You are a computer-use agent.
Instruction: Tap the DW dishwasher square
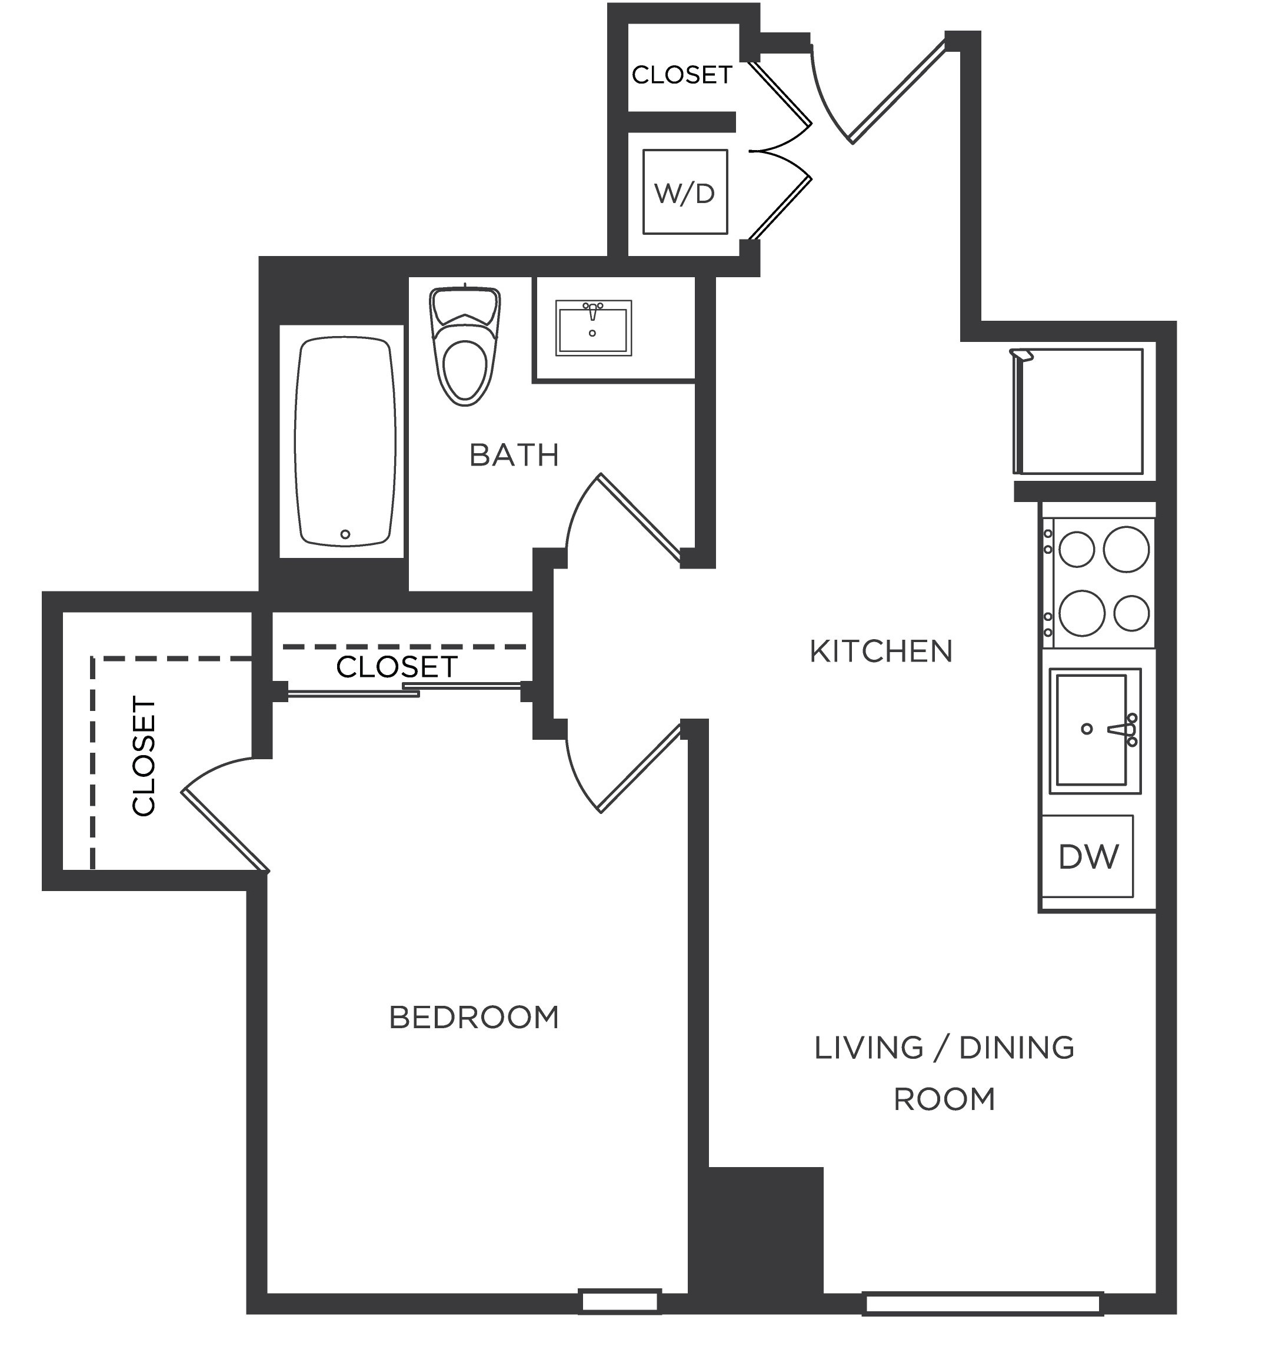click(1087, 856)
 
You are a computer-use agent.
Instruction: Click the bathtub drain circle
click(345, 534)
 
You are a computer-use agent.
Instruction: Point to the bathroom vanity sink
click(592, 328)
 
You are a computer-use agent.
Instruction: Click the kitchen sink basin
click(1091, 730)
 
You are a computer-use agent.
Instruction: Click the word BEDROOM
click(474, 1017)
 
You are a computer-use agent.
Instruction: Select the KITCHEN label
click(881, 652)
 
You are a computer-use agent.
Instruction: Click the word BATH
click(514, 456)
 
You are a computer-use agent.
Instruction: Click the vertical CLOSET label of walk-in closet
click(144, 756)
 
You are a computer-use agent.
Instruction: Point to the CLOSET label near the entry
click(681, 75)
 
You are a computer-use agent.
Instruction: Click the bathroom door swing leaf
click(640, 517)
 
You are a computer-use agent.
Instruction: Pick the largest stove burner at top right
click(1126, 549)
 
